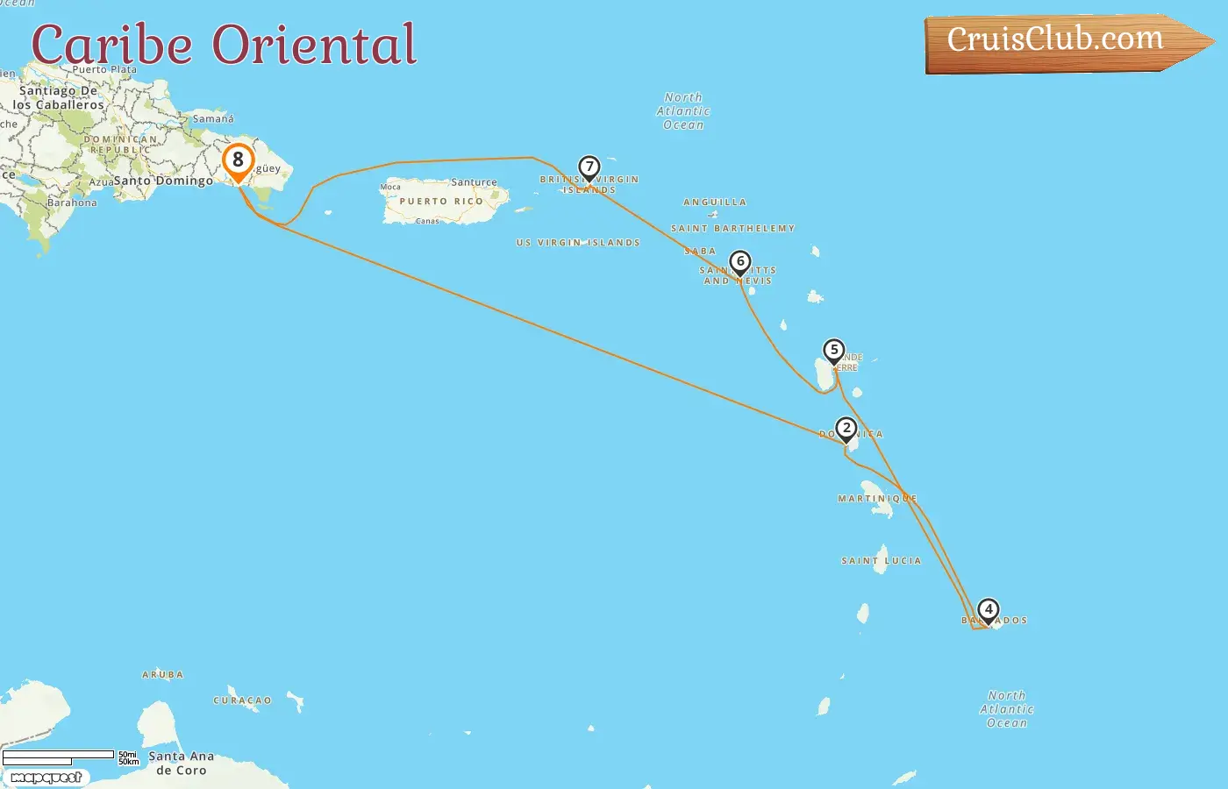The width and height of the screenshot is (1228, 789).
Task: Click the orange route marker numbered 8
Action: [238, 161]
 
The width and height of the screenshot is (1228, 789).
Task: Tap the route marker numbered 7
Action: [589, 167]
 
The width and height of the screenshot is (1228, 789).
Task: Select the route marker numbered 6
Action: [740, 262]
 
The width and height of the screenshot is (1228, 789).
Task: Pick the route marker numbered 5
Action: [834, 351]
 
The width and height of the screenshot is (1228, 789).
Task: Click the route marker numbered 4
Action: [989, 609]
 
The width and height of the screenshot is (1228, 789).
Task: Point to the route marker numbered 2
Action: [846, 429]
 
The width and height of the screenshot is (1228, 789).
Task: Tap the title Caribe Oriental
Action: [224, 45]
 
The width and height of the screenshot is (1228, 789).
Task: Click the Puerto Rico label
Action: [441, 202]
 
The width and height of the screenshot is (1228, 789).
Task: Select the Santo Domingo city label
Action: [164, 181]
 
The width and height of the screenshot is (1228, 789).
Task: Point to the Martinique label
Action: [877, 499]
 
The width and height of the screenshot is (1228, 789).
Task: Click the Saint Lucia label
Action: [882, 560]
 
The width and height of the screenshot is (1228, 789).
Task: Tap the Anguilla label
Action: [715, 203]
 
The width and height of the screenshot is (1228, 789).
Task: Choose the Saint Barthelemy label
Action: [733, 229]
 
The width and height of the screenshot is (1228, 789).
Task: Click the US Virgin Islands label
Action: [578, 243]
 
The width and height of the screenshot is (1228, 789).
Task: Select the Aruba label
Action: [163, 675]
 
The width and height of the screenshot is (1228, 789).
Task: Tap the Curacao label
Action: [242, 700]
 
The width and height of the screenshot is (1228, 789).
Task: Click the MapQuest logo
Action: [46, 778]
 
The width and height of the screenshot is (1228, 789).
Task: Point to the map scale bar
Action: [59, 757]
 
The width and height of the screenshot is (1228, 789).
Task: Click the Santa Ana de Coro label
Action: [182, 764]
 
